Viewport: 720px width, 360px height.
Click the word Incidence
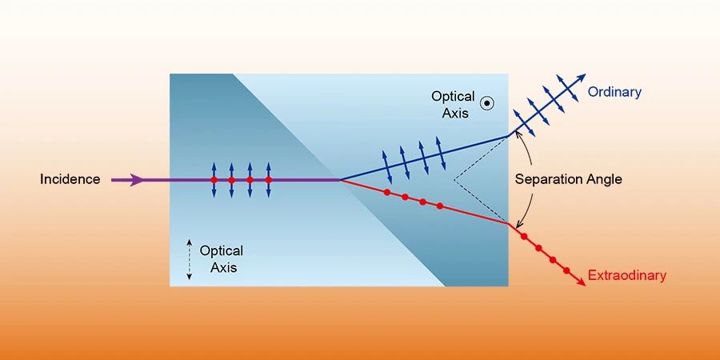point(70,179)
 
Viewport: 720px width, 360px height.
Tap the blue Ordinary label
point(614,92)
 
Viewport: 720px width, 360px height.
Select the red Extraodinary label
point(626,276)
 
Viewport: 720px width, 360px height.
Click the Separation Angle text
point(568,179)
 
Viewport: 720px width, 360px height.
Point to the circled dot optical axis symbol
point(486,102)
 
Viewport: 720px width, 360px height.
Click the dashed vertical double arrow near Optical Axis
point(189,258)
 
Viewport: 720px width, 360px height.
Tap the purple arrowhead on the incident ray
point(138,180)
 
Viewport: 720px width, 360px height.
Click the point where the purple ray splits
point(341,180)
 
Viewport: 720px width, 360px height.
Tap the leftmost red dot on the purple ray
point(214,180)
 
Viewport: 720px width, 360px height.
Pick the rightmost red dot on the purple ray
point(268,180)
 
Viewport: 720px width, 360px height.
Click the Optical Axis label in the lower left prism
point(221,259)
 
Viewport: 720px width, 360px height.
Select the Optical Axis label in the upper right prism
point(453,103)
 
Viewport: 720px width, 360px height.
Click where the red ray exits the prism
point(508,224)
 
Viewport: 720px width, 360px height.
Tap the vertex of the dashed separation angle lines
point(454,179)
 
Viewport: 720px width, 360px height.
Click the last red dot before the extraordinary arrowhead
point(566,271)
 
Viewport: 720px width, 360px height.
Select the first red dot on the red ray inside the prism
point(387,192)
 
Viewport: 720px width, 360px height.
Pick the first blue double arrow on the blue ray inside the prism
point(386,165)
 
